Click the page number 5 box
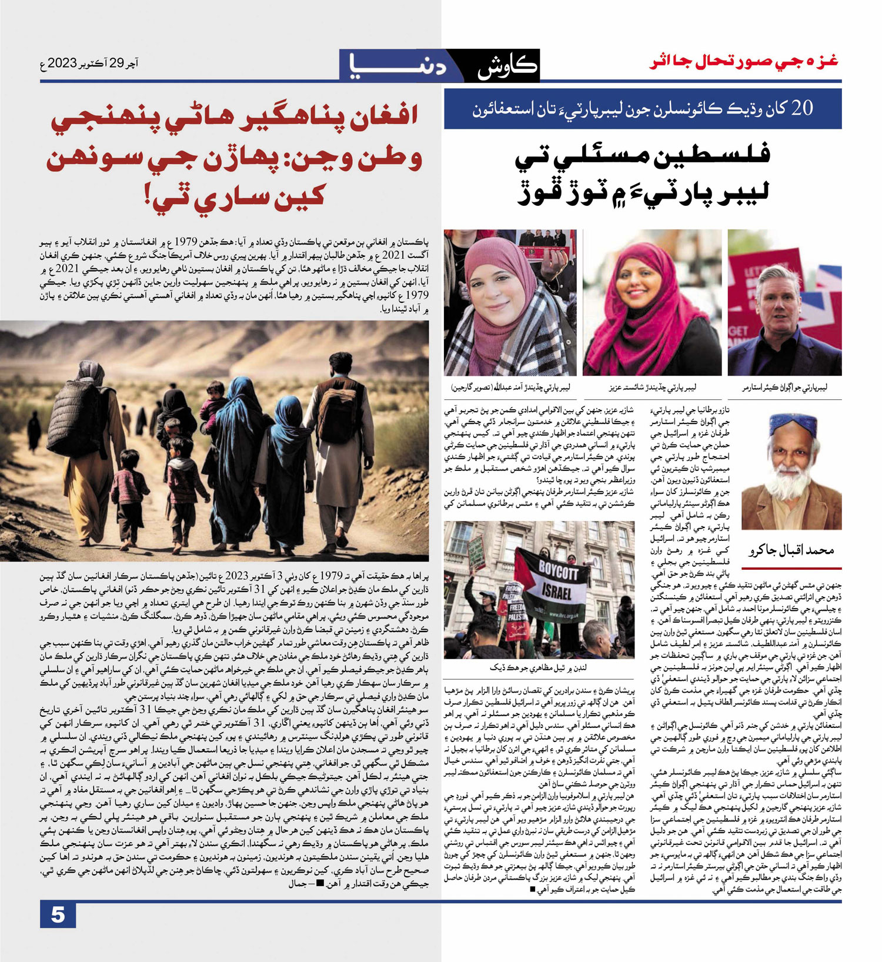[58, 915]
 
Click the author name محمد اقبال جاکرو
[791, 551]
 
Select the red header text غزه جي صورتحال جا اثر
[744, 62]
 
